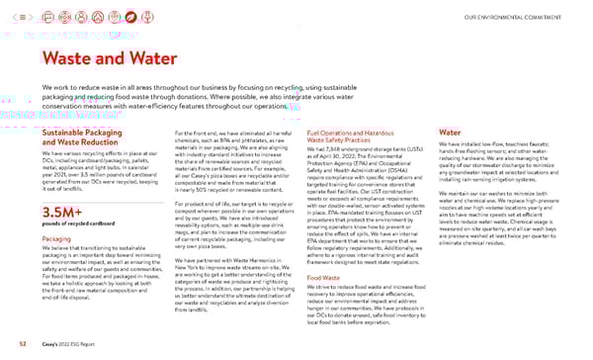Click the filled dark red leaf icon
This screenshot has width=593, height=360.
131,16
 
